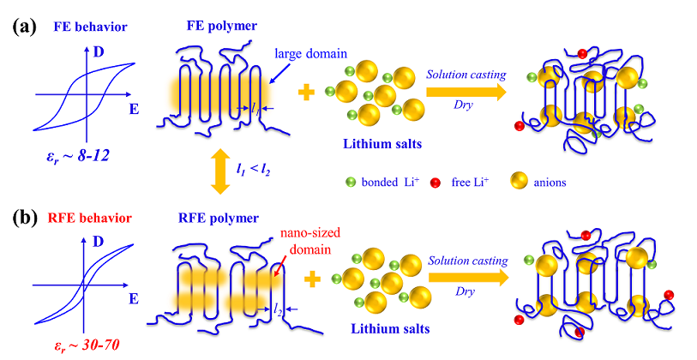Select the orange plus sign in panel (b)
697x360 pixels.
tap(313, 278)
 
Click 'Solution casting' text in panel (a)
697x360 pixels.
tap(466, 75)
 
